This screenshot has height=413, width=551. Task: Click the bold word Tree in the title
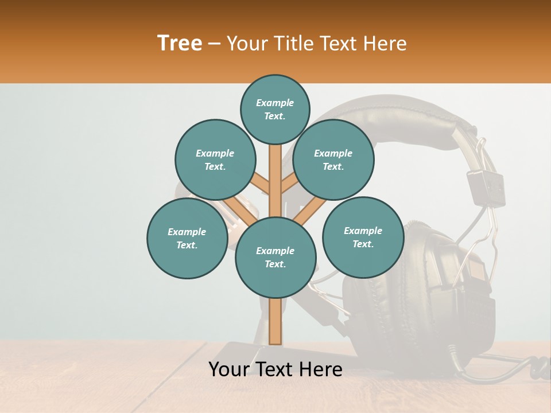[180, 43]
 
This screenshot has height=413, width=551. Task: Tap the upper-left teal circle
[215, 159]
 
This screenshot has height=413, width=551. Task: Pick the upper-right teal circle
[333, 159]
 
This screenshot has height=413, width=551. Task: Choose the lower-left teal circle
[187, 238]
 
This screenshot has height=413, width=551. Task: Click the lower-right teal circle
[363, 237]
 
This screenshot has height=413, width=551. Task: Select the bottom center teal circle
[275, 257]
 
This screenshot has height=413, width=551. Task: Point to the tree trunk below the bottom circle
[275, 321]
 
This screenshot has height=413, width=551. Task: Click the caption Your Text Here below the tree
[275, 369]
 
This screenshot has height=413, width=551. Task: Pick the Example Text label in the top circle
[275, 109]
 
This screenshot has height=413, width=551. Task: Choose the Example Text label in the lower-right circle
[363, 237]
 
